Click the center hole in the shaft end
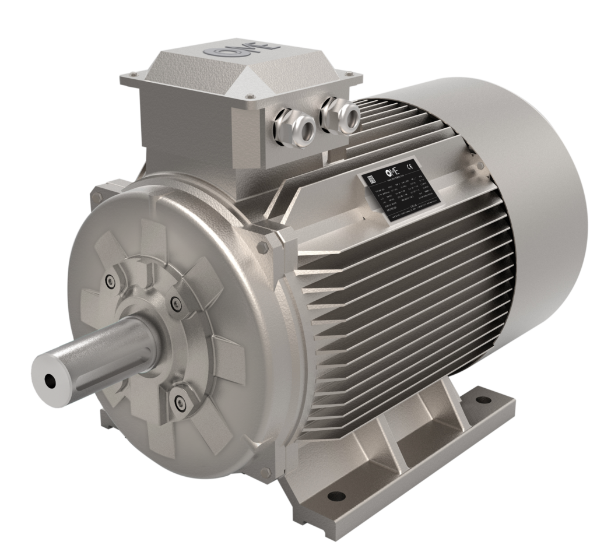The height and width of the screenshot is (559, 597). pyautogui.click(x=50, y=379)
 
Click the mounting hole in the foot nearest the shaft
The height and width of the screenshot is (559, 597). pyautogui.click(x=334, y=496)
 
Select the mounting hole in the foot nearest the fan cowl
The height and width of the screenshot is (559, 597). pyautogui.click(x=482, y=402)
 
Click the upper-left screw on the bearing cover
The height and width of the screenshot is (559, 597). pyautogui.click(x=111, y=282)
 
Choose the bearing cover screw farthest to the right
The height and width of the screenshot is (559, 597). pyautogui.click(x=174, y=301)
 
